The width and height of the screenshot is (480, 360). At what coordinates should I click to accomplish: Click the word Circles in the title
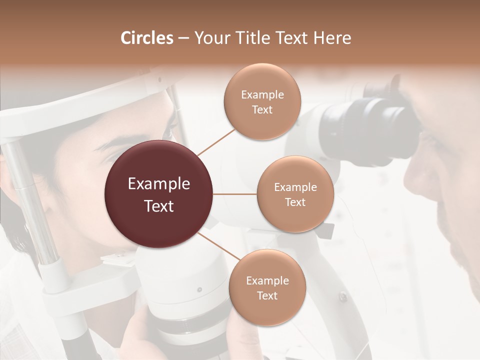147,38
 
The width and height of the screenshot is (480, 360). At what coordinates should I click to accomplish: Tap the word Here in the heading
333,38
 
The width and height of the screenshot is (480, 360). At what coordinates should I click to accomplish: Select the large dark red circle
159,194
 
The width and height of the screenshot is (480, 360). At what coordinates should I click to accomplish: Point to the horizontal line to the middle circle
235,194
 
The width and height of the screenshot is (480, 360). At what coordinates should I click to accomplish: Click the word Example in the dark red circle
159,184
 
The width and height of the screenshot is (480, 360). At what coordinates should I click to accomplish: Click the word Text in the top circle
262,109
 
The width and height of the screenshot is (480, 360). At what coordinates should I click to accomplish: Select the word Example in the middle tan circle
295,187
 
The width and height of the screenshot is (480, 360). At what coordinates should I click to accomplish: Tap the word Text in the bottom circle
267,295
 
